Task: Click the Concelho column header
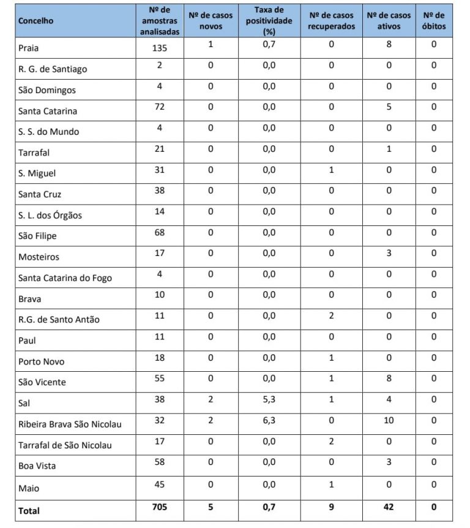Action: (x=36, y=21)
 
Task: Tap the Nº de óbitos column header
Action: (x=434, y=21)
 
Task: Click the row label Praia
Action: (x=29, y=48)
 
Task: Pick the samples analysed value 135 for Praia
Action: (x=159, y=45)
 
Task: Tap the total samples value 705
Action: (x=159, y=507)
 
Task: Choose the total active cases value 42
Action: (x=389, y=507)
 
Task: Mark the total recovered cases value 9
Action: (x=331, y=507)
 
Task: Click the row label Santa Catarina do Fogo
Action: (x=65, y=278)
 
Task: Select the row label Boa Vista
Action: (x=37, y=466)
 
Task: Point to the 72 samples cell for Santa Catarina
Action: (x=159, y=107)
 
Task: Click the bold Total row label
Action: (x=29, y=510)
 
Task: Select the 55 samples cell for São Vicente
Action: (x=159, y=379)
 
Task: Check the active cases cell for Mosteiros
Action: (x=389, y=253)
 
